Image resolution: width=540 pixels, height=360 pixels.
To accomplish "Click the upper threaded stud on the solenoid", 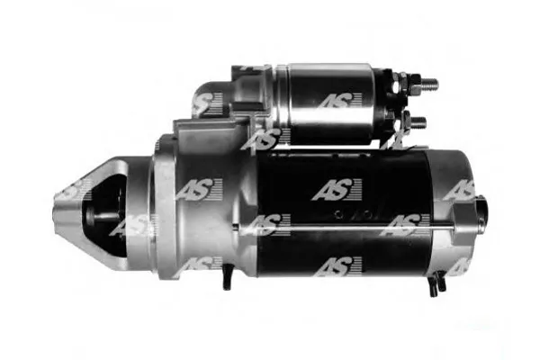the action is (430, 84).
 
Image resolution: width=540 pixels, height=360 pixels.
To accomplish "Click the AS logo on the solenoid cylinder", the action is (339, 100).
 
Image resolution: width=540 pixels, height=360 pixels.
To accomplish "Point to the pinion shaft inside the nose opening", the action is (103, 217).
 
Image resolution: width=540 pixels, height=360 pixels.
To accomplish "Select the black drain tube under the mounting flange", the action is (226, 276).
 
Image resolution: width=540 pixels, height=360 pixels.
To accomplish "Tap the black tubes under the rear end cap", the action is (437, 283).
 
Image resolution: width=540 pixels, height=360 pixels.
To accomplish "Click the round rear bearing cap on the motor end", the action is (481, 212).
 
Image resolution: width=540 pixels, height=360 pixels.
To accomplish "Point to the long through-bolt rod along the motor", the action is (345, 228).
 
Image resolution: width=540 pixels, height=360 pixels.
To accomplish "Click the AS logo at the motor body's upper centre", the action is (337, 190).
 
